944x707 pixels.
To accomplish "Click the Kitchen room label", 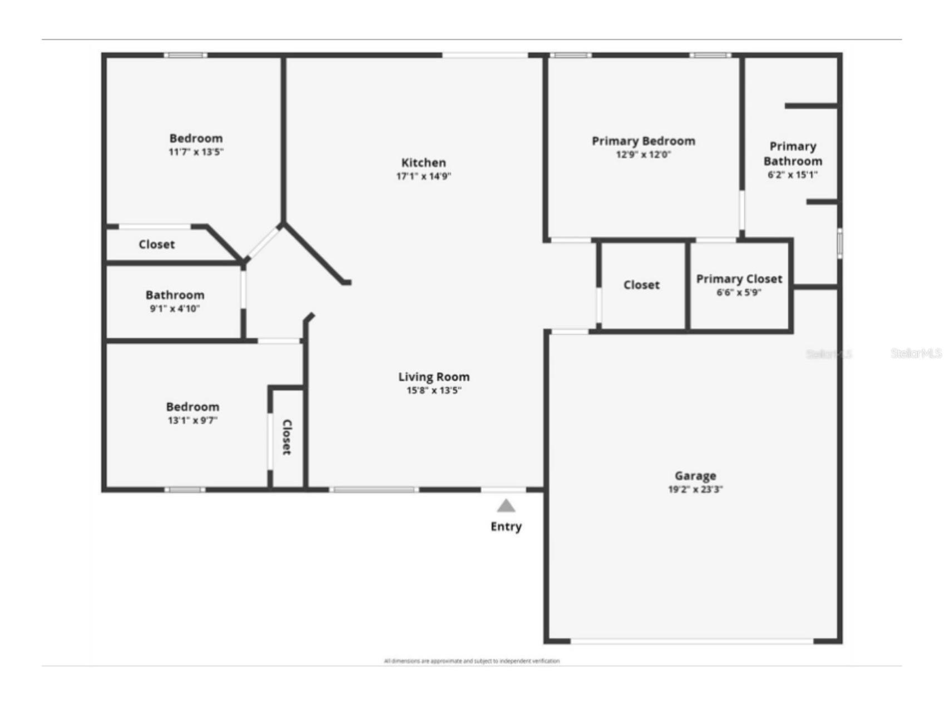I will tap(423, 163).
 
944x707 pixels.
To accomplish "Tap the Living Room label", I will tap(433, 377).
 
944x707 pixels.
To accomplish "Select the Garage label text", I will tap(695, 476).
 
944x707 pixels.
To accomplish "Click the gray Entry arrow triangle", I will tap(506, 506).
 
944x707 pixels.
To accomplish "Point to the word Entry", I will tap(506, 526).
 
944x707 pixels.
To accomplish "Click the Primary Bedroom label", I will tap(643, 141).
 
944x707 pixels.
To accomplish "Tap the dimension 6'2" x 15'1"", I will tap(793, 175).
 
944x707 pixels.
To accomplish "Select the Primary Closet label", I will tap(739, 279).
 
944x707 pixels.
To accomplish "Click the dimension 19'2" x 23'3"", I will tap(695, 490).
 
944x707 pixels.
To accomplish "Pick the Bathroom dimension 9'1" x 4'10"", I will tap(175, 309).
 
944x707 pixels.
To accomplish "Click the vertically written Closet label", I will tap(287, 437).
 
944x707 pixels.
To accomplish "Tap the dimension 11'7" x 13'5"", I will tap(196, 152).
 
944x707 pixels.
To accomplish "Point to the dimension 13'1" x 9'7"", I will tap(192, 421).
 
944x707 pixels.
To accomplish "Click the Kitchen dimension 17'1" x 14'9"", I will tap(423, 177).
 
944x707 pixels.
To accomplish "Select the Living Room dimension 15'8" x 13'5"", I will tap(433, 390).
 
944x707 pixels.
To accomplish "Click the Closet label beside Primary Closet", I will tap(641, 285).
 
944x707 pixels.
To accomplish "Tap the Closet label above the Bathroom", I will tap(156, 245).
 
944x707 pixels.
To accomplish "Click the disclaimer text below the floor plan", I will tap(472, 661).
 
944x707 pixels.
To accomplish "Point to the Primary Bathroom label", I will tap(793, 154).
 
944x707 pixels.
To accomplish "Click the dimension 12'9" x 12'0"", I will tap(643, 155).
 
